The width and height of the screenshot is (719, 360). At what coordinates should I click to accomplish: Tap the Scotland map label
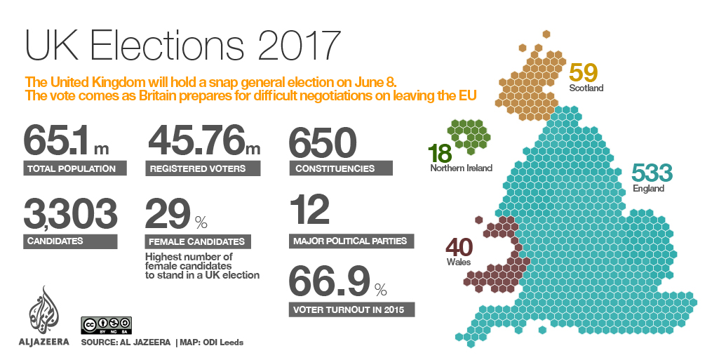click(586, 88)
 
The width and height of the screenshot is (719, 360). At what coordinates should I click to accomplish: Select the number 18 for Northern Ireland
click(442, 153)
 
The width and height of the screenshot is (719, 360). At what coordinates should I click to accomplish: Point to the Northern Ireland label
click(462, 168)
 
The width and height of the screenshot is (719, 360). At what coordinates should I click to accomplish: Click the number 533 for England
click(652, 173)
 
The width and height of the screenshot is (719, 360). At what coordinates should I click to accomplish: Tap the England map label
click(648, 189)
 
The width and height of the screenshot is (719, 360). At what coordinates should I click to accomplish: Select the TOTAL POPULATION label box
click(75, 168)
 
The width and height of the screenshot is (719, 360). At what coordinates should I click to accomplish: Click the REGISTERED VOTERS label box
click(203, 168)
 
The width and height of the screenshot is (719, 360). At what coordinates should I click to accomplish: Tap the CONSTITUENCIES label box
click(341, 168)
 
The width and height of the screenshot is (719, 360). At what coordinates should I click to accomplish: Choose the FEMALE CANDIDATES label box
click(198, 241)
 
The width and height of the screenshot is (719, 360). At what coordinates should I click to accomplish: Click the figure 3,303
click(70, 214)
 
